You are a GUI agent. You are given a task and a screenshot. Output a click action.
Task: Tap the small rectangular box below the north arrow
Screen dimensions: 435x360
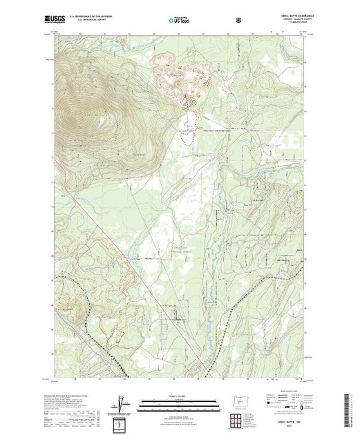[122, 420]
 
